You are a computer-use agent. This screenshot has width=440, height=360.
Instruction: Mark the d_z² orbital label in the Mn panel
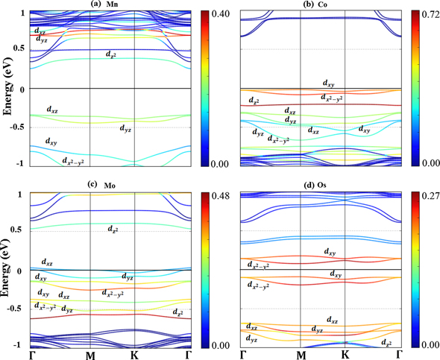(x=110, y=55)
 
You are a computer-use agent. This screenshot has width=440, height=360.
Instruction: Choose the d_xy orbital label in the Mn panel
(x=51, y=141)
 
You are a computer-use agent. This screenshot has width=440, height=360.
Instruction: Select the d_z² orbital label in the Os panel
(x=386, y=342)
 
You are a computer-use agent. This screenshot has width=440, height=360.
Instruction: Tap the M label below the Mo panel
(x=89, y=354)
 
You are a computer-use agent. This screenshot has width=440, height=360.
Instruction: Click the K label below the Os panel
(x=345, y=354)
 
